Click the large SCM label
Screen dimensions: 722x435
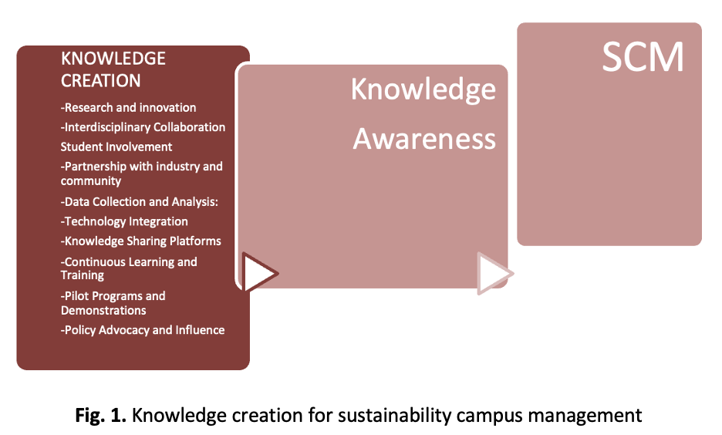(643, 57)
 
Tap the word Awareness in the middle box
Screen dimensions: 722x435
(424, 139)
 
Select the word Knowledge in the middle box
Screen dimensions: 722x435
(423, 89)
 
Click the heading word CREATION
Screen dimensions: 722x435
(101, 80)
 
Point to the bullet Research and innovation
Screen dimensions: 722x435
(129, 107)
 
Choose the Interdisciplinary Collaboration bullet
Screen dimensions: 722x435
(143, 127)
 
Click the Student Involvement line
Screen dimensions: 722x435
(116, 147)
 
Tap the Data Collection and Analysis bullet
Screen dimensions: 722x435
(140, 201)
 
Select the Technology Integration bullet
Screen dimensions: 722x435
(124, 221)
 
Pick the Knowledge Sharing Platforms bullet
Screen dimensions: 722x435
(141, 241)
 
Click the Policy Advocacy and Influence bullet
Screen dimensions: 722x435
(143, 330)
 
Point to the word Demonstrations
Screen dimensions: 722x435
(103, 310)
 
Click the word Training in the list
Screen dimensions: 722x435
(83, 275)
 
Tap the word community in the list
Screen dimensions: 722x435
(91, 181)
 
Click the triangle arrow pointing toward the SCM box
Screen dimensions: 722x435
(494, 274)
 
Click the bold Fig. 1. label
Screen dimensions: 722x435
(100, 415)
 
